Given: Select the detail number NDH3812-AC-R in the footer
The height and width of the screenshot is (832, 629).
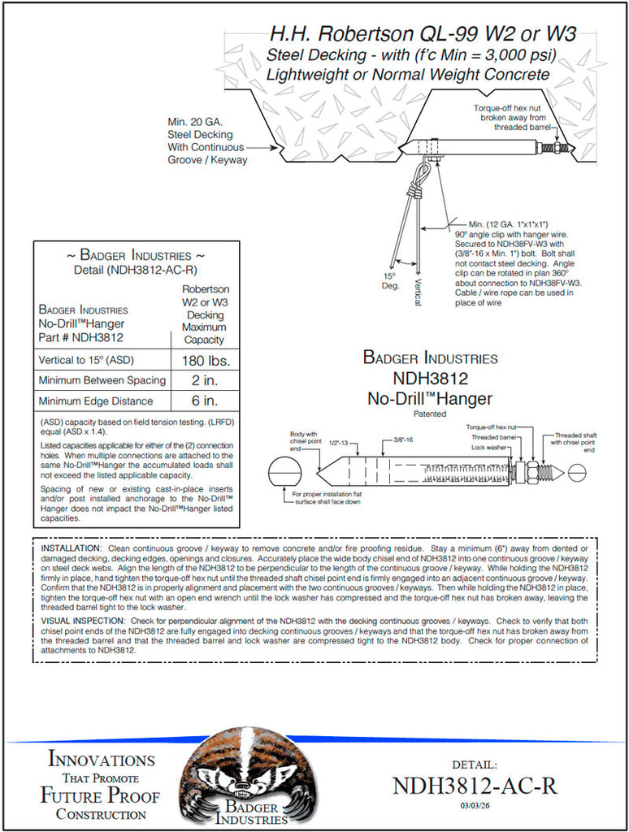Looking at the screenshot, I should [x=475, y=786].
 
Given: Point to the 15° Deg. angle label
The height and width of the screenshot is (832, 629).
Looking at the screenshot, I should [x=392, y=281].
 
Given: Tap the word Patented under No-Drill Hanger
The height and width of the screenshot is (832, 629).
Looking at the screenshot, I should [x=429, y=414].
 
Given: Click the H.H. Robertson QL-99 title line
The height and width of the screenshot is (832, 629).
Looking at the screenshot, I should [x=423, y=34].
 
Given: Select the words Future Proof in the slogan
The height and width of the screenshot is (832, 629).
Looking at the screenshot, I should [x=100, y=795].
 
